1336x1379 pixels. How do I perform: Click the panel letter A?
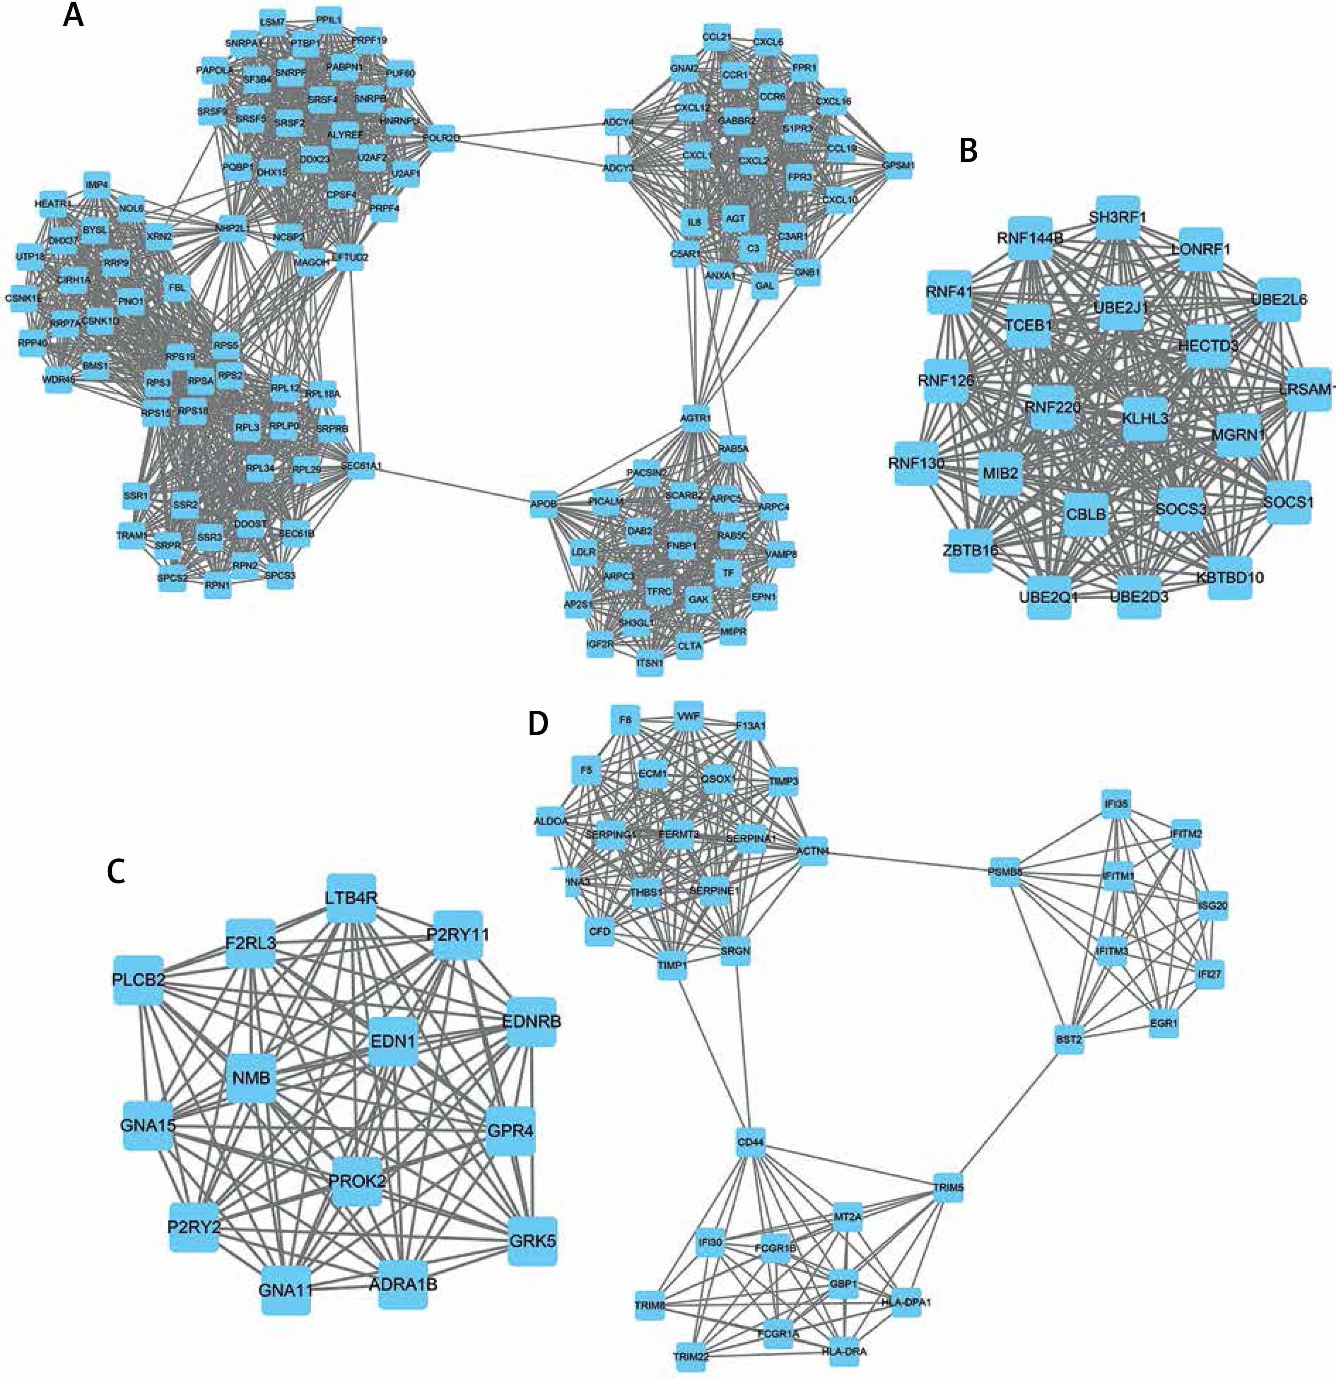coord(73,16)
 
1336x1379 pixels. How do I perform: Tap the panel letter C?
coord(116,871)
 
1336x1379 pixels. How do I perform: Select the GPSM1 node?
coord(898,165)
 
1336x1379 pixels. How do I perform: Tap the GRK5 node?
coord(532,1240)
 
